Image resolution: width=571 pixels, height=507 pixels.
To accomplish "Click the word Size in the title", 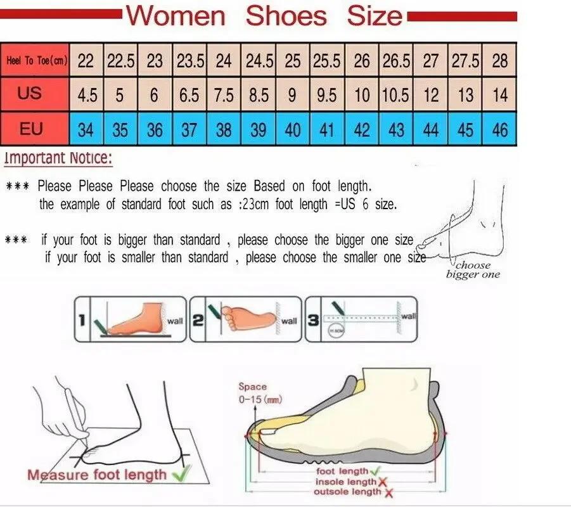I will pyautogui.click(x=375, y=15).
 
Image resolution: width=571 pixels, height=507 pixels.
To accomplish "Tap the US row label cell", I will pyautogui.click(x=30, y=94).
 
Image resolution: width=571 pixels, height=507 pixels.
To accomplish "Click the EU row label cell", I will pyautogui.click(x=30, y=129).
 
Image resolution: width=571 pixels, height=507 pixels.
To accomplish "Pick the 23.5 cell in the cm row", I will pyautogui.click(x=189, y=61).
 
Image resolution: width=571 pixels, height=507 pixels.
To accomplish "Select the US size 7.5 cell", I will pyautogui.click(x=223, y=96).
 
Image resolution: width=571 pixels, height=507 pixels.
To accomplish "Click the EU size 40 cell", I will pyautogui.click(x=293, y=130).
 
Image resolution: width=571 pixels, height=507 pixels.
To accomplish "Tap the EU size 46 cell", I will pyautogui.click(x=499, y=130).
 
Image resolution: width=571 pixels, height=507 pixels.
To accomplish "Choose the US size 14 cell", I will pyautogui.click(x=499, y=96).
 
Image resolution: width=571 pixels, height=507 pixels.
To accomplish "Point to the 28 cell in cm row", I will pyautogui.click(x=499, y=61).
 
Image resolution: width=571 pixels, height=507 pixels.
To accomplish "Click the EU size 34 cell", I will pyautogui.click(x=86, y=130).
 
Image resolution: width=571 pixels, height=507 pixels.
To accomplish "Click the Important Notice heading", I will pyautogui.click(x=58, y=158).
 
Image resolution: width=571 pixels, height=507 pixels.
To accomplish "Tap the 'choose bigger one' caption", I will pyautogui.click(x=473, y=270).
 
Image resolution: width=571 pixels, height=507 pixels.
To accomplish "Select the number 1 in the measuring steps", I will pyautogui.click(x=82, y=321).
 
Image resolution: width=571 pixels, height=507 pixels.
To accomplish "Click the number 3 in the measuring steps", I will pyautogui.click(x=312, y=321).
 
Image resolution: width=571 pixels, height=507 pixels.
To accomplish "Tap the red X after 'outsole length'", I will pyautogui.click(x=388, y=492).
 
